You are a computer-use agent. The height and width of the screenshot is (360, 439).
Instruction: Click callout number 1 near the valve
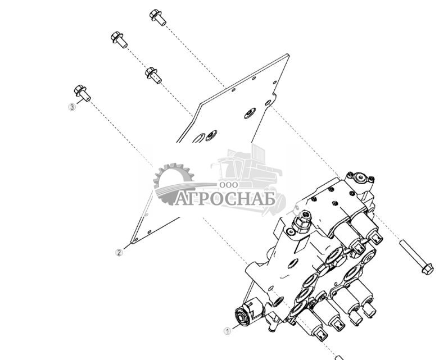pyautogui.click(x=228, y=331)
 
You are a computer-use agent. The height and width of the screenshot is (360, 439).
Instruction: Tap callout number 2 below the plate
pyautogui.click(x=119, y=252)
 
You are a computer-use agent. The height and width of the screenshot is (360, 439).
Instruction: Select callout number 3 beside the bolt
pyautogui.click(x=72, y=107)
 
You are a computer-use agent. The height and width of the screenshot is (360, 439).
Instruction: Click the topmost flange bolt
pyautogui.click(x=158, y=17)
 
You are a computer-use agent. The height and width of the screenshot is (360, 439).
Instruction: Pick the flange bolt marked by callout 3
pyautogui.click(x=82, y=93)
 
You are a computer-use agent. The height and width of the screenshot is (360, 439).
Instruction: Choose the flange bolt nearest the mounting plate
pyautogui.click(x=153, y=75)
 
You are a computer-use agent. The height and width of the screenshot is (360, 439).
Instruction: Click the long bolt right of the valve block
pyautogui.click(x=416, y=257)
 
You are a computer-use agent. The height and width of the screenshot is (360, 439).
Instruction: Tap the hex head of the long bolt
pyautogui.click(x=427, y=270)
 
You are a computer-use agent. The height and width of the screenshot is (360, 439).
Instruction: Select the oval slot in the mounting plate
pyautogui.click(x=198, y=138)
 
